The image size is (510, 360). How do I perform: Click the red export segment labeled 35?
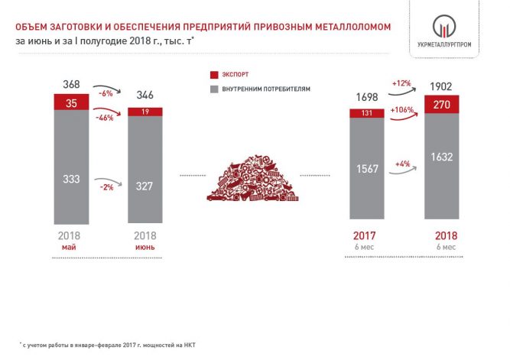point(71,102)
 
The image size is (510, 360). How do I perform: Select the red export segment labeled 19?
point(145,112)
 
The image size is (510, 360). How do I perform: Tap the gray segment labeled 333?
point(71,167)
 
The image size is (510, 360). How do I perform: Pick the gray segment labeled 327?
point(145,170)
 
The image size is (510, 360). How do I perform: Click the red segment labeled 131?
point(367,113)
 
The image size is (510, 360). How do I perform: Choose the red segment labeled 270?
point(442,105)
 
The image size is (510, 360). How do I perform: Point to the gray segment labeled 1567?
point(367,168)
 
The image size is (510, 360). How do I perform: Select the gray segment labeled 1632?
point(442,166)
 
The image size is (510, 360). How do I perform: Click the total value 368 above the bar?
point(71,85)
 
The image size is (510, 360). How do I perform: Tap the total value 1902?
point(441,86)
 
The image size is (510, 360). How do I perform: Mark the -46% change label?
point(105,118)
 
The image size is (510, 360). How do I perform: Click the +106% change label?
point(402,110)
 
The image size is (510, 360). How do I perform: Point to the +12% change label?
point(401,83)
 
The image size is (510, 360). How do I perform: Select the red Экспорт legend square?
point(214,75)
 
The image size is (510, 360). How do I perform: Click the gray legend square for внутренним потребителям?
point(214,89)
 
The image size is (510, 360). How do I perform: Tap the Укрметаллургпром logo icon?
point(444,26)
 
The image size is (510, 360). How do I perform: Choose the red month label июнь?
point(145,247)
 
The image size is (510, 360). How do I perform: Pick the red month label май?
point(69,247)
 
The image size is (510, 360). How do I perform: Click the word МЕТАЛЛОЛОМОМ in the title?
point(353,27)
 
